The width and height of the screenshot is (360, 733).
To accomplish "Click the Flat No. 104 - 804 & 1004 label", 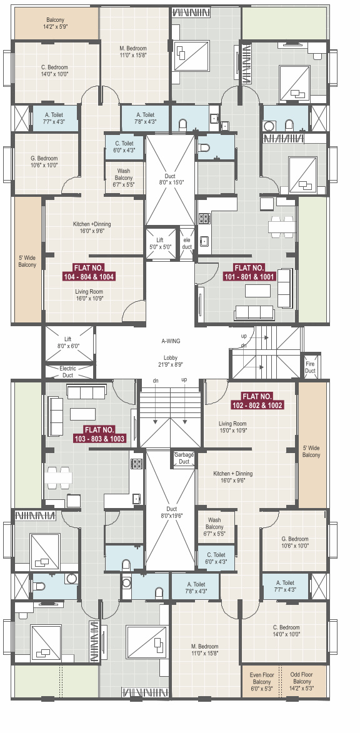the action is coord(89,272).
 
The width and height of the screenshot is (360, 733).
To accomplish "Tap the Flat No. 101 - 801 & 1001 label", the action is coord(249,272).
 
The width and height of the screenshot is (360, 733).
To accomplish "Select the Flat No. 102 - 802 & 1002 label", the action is coord(257,401).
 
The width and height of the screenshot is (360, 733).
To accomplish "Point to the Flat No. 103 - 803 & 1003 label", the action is coord(99,434).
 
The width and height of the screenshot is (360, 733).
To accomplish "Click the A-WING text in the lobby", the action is coord(168,341).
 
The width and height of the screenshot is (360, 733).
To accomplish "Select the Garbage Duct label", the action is coord(184,457).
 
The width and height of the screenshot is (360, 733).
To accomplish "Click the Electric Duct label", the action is coord(67,372).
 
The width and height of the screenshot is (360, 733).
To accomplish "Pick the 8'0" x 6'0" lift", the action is coord(69,344).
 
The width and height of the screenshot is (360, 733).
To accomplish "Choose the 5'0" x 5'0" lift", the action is coord(160,242).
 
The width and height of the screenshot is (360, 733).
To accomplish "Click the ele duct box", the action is coord(186,242).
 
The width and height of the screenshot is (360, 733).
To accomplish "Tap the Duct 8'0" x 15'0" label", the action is coord(170,179).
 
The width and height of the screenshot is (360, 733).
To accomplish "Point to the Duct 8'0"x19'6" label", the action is coord(171,512).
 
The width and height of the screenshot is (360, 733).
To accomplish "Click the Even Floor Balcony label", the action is coord(261,682).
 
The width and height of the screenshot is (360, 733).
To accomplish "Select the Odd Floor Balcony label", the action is coord(302,682).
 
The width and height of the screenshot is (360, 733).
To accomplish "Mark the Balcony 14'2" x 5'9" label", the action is coord(55,24).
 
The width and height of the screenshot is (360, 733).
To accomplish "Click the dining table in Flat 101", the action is coord(282,226).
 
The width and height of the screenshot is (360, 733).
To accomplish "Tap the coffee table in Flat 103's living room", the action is coord(82,414).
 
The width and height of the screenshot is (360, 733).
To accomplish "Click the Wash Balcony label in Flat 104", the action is coord(124,178).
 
